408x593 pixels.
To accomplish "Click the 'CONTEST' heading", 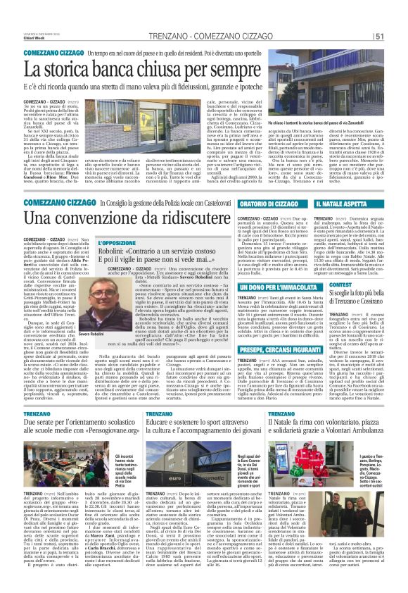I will point(339,285).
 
